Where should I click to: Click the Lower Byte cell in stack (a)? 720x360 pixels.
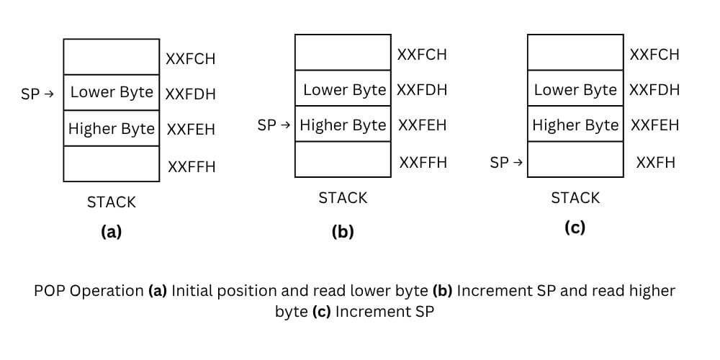coord(112,92)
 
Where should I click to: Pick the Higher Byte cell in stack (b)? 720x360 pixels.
coord(343,125)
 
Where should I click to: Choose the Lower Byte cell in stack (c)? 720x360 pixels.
coord(575,90)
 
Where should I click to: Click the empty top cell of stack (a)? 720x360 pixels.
coord(112,57)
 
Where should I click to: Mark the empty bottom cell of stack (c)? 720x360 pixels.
coord(575,160)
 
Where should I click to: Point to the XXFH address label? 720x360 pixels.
coord(656,163)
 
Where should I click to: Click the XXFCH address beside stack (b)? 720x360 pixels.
coord(422,55)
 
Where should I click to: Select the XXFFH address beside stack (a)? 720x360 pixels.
coord(192,167)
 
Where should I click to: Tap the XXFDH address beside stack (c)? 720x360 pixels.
coord(654,90)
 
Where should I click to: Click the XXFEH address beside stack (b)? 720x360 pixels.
coord(422,125)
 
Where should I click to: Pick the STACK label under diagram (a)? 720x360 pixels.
coord(112,202)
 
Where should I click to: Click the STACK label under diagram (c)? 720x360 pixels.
coord(575,198)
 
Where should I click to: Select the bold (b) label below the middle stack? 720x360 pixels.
coord(343,232)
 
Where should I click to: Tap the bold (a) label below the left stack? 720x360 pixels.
coord(112,232)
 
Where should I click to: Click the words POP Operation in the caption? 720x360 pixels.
coord(89,291)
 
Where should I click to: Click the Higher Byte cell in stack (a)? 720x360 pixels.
coord(112,129)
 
